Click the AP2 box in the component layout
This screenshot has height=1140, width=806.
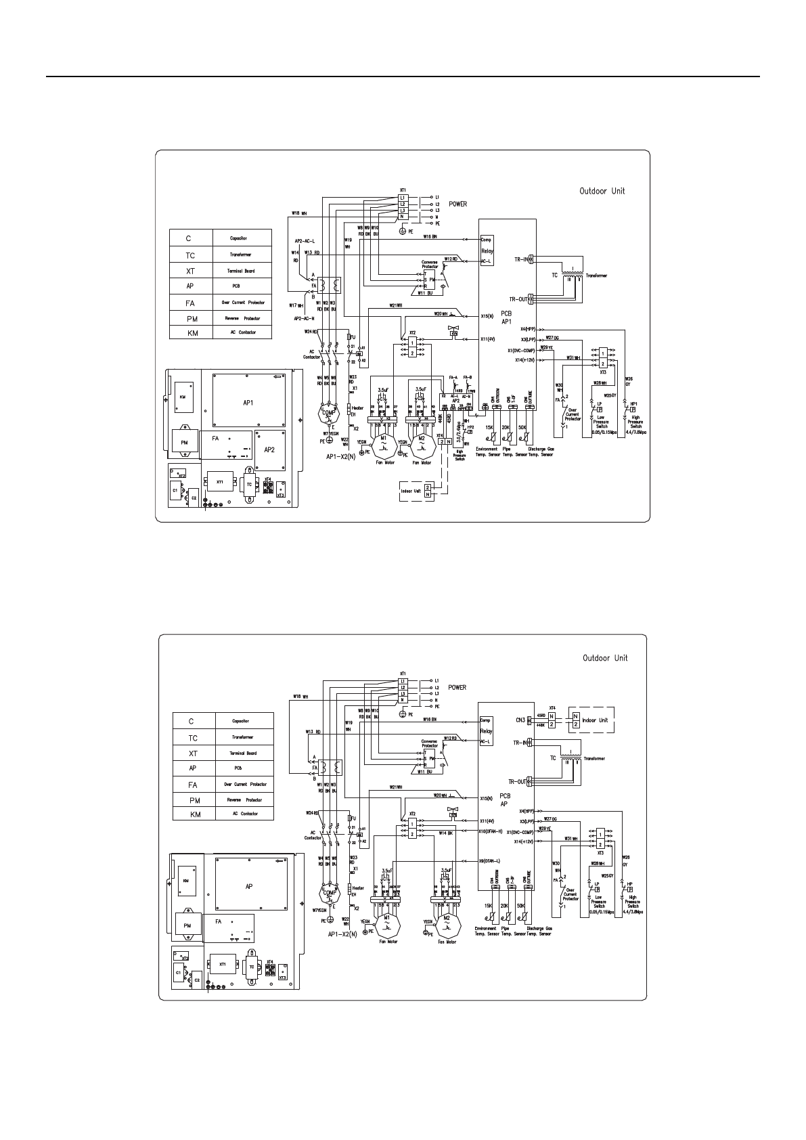point(269,450)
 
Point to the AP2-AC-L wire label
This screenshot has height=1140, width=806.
point(305,241)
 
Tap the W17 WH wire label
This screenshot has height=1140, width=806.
point(296,305)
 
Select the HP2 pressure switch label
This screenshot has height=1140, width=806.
point(470,428)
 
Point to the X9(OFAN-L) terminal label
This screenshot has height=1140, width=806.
point(490,860)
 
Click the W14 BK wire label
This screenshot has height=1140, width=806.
point(445,833)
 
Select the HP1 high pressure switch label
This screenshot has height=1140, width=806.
point(633,404)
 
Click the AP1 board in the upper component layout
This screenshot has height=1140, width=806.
point(248,402)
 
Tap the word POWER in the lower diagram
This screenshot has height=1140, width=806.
point(457,688)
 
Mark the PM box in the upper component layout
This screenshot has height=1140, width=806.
point(184,443)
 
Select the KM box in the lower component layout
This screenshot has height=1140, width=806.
point(185,881)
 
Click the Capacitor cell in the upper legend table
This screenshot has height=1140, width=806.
point(242,238)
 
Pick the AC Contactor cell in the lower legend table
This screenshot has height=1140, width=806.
point(244,814)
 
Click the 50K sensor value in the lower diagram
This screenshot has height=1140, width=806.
point(521,906)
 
